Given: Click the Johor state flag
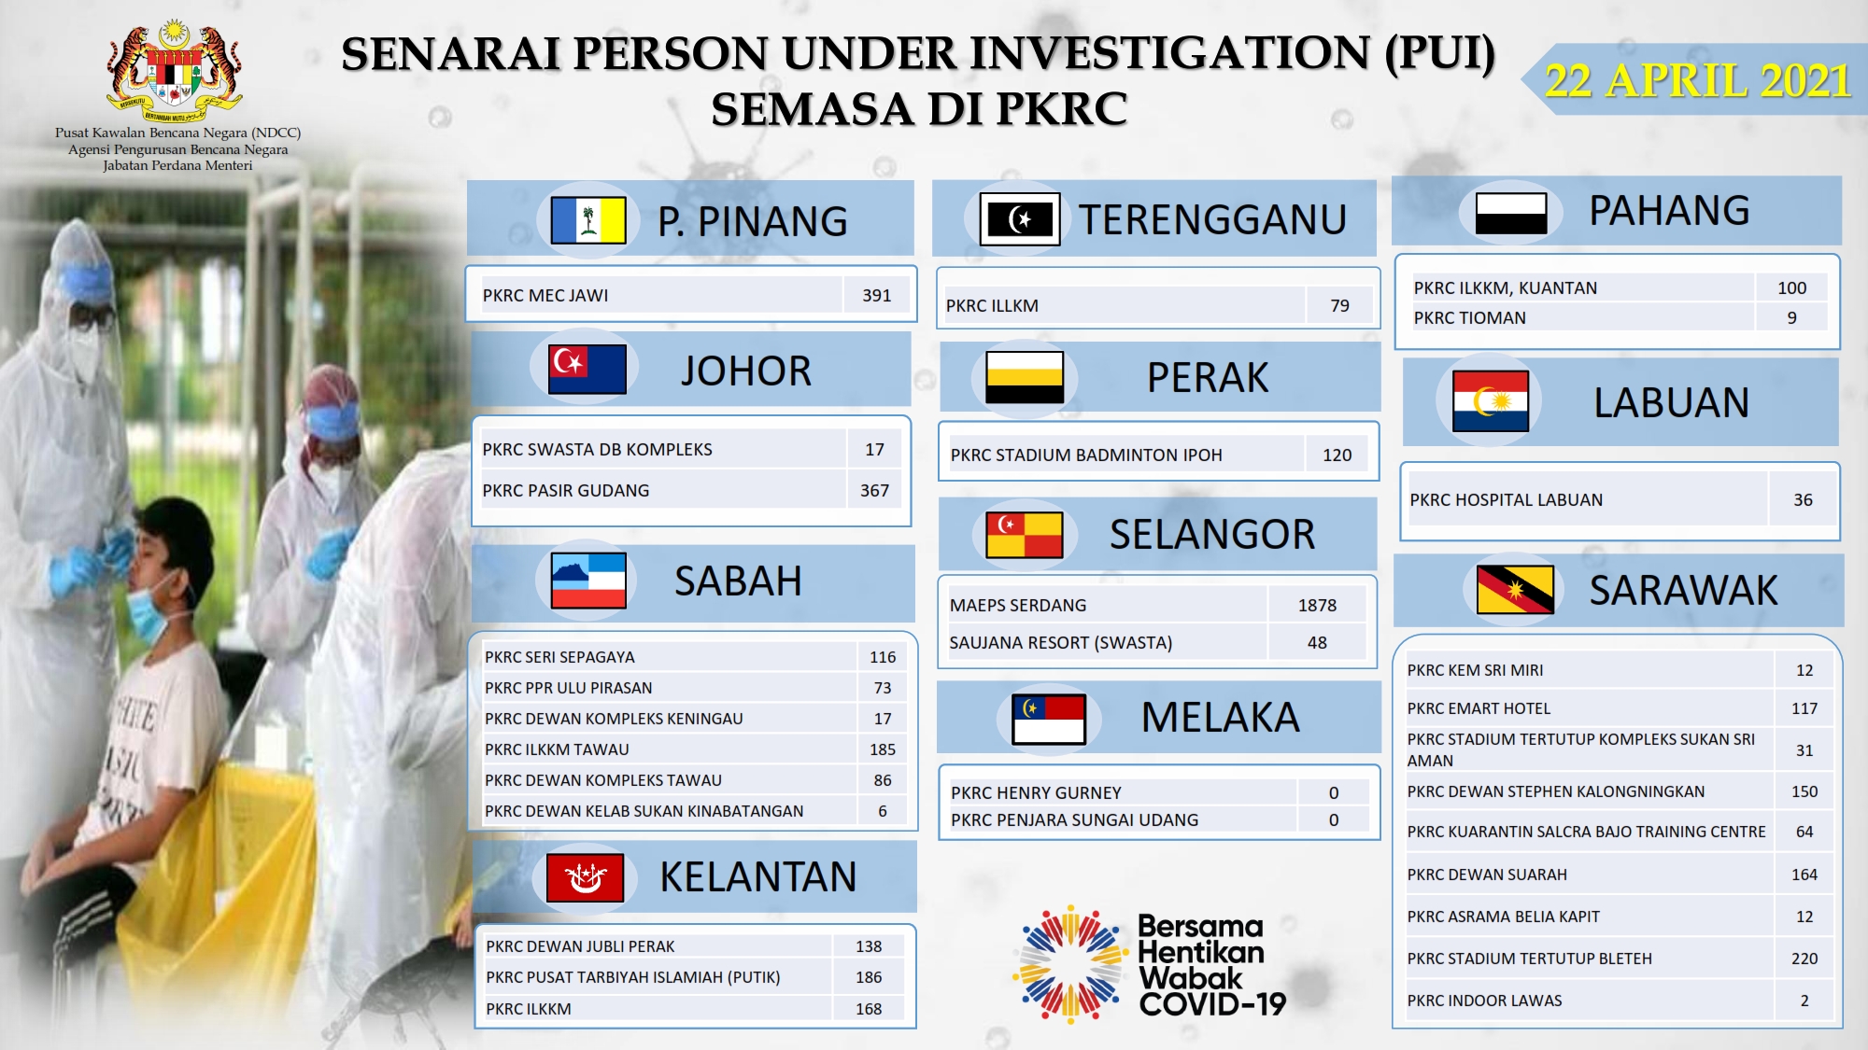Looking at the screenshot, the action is click(587, 369).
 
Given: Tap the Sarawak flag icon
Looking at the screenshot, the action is click(1515, 590).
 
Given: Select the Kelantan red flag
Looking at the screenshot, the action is click(585, 877).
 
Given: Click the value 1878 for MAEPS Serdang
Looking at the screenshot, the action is click(1317, 605).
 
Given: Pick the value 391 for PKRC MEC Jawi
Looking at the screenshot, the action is click(876, 295).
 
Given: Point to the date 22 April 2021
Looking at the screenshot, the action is click(1697, 80).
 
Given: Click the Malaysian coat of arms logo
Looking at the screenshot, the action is click(176, 71).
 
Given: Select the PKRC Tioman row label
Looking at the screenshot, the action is click(1469, 317).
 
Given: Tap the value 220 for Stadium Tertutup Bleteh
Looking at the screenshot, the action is click(1804, 959).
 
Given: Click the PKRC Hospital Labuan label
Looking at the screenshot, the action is click(1506, 499).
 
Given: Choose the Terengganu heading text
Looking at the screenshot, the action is click(1212, 219).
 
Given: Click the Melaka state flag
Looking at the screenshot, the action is click(1048, 720).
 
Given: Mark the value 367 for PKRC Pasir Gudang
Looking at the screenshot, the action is click(874, 490).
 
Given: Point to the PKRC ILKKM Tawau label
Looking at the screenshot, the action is click(557, 749).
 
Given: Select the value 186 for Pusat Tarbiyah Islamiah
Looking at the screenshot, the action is click(869, 977).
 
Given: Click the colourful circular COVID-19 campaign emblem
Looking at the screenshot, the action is click(1069, 963).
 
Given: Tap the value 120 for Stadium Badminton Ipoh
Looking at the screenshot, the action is click(1337, 455).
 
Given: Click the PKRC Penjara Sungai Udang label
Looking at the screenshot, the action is click(1074, 819).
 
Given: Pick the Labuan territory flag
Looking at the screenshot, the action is click(1491, 401).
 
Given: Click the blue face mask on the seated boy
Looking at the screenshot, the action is click(151, 604).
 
